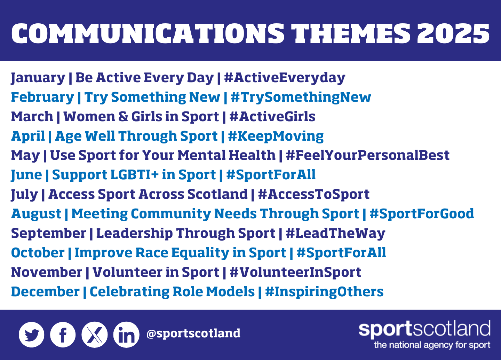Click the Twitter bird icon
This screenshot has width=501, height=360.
pos(32,335)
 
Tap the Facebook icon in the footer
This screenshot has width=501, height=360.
pos(63,335)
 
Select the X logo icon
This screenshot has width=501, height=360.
pos(94,335)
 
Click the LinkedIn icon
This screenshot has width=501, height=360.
pos(126,335)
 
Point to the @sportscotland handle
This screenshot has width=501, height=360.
pos(193,333)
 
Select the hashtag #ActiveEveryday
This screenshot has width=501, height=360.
pos(285,78)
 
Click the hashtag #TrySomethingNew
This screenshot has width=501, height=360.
pos(301,97)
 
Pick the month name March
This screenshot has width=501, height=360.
pos(32,117)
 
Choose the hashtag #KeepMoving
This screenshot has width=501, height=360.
pos(276,136)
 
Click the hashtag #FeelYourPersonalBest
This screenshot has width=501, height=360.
pos(368,155)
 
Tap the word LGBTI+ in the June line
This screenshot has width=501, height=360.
pos(134,175)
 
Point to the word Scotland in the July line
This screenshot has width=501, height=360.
pos(217,194)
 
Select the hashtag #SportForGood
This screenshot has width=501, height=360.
pos(422,214)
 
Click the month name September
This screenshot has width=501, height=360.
pos(49,234)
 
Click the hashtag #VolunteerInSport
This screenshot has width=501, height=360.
pos(295,273)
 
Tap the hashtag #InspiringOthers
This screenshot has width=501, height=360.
pos(324,292)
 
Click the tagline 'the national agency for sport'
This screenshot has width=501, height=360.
pos(432,345)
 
